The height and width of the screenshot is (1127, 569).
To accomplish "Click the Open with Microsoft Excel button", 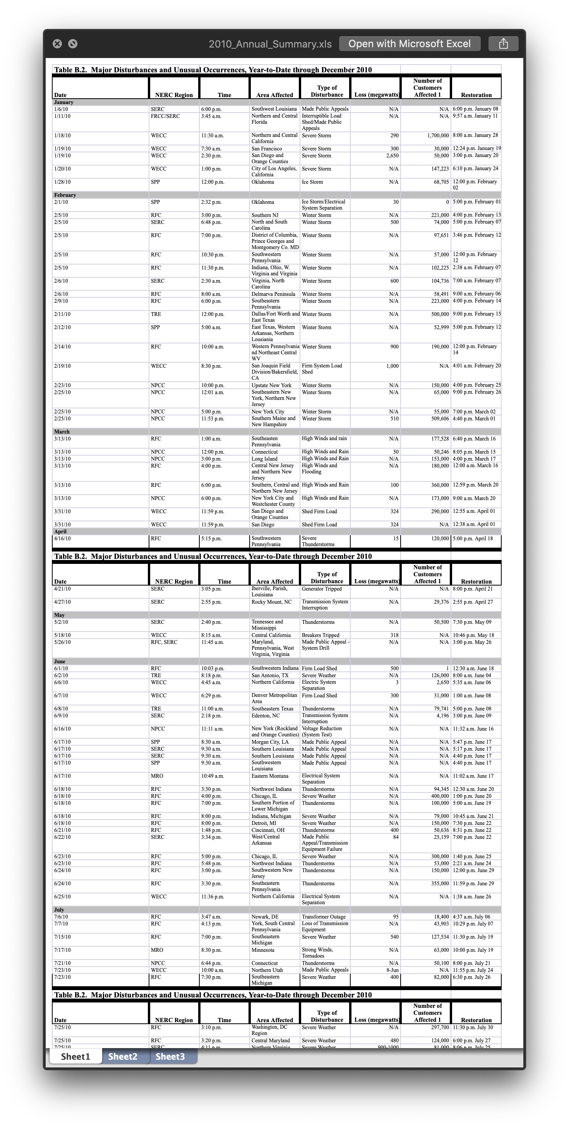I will [x=409, y=44].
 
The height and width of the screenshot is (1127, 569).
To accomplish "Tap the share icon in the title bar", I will [x=503, y=44].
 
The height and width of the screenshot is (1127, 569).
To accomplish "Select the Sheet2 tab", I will [x=123, y=1057].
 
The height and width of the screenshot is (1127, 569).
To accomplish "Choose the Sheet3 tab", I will [x=170, y=1057].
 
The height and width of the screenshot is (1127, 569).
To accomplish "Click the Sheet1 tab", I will [x=75, y=1057].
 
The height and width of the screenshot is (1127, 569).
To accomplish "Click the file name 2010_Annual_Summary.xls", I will [x=270, y=44].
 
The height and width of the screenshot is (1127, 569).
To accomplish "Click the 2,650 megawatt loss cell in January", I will [x=392, y=156].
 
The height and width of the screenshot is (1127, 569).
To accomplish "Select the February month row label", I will [x=65, y=195].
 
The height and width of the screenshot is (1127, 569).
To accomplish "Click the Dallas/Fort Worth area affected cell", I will [x=275, y=317].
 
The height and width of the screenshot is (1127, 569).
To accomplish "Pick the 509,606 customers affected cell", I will [x=437, y=419].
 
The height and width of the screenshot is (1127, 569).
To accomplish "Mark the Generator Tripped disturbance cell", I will [x=322, y=589].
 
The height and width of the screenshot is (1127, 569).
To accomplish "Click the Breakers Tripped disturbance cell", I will [x=320, y=635].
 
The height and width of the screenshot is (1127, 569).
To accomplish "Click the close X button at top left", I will [x=57, y=44].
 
